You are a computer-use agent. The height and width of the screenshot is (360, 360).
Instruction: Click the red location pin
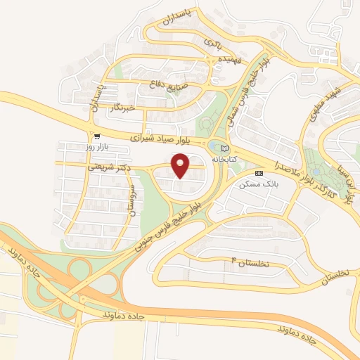pos(182,165)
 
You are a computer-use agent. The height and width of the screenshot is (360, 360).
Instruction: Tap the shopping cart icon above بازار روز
pos(96,136)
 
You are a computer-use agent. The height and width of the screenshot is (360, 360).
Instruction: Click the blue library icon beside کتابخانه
pos(224,148)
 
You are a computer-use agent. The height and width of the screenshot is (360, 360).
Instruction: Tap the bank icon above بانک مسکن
pos(258,172)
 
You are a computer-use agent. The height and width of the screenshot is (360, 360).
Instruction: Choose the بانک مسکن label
pos(255,184)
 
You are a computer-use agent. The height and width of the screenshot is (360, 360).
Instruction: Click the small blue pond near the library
pos(212,145)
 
